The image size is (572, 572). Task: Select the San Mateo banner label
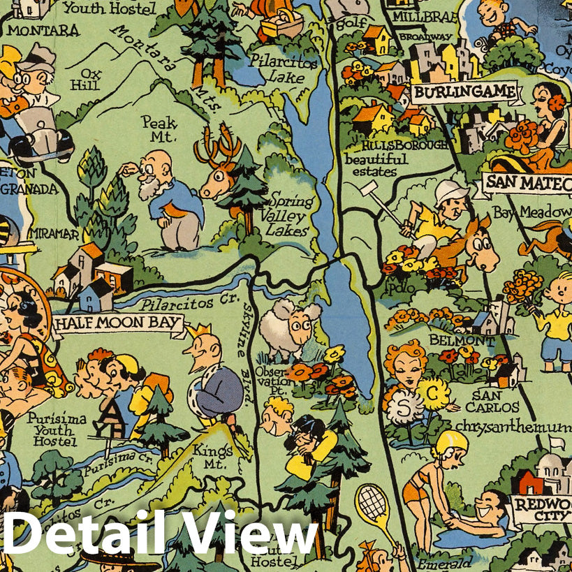coord(525,183)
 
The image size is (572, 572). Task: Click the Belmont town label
coord(471,340)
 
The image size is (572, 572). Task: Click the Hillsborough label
coord(405,145)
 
